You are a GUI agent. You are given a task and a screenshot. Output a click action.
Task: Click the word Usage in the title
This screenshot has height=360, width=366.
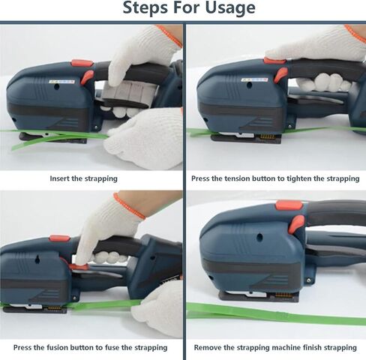(x=230, y=8)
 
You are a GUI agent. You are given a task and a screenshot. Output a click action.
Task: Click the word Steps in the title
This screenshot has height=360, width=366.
(x=145, y=7)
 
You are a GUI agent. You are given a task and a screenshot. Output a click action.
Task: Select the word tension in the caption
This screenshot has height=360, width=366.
(x=237, y=178)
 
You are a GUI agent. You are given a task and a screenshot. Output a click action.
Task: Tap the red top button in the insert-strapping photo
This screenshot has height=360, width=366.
(x=82, y=63)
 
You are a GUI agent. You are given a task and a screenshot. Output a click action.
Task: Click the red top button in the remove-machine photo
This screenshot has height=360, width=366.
(x=289, y=205)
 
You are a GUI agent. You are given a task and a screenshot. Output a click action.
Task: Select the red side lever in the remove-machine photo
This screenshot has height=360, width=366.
(x=296, y=224)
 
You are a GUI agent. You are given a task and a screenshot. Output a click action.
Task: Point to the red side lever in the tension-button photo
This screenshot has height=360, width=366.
(x=280, y=75)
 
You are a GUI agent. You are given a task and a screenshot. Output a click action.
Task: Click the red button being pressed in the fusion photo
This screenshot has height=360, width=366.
(x=79, y=267)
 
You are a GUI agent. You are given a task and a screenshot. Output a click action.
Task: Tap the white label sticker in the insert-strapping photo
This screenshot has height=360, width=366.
(x=61, y=82)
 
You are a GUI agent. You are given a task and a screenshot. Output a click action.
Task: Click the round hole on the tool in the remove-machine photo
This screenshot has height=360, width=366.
(x=259, y=236)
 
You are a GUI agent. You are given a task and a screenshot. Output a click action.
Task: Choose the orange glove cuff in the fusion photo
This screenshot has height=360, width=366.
(x=129, y=205)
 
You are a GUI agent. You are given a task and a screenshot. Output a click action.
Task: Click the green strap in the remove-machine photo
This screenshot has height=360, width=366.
(x=276, y=314)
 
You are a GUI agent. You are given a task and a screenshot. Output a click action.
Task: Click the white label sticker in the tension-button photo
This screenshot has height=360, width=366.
(x=254, y=80)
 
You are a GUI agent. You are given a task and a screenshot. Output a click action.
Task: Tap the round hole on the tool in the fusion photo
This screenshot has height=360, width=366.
(x=37, y=260)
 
